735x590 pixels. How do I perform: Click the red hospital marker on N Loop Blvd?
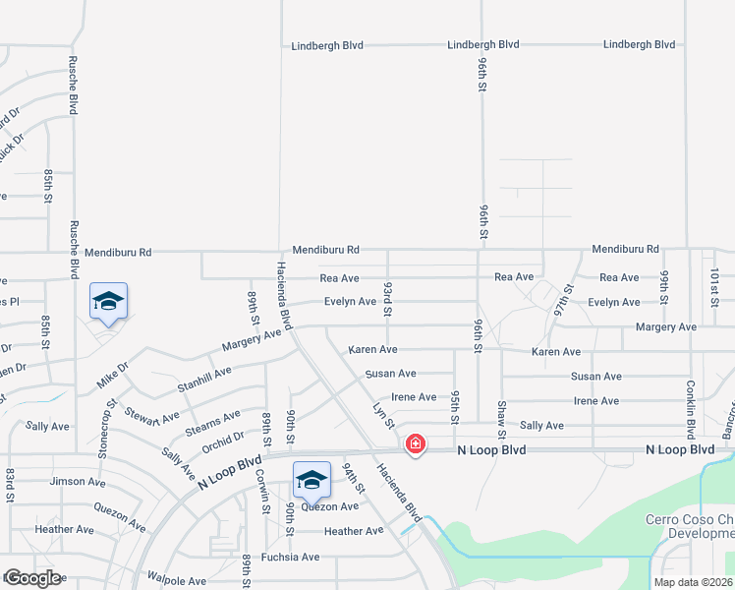416,444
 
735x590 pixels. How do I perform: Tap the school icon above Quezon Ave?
311,480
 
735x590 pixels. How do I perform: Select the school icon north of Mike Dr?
108,301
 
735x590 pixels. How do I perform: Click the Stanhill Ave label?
204,380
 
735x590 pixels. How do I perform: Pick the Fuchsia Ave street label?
290,557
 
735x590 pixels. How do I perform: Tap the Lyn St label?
383,414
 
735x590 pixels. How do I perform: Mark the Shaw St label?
501,419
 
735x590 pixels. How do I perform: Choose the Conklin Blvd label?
691,409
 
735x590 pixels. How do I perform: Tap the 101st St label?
714,286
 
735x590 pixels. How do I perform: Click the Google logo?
31,578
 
